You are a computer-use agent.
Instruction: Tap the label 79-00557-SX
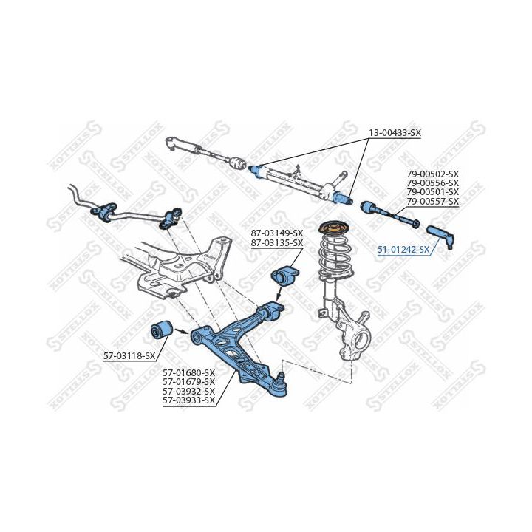click(432, 202)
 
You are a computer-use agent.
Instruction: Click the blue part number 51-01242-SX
click(403, 250)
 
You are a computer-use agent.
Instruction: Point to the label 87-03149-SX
click(277, 233)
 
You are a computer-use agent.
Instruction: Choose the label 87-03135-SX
click(277, 242)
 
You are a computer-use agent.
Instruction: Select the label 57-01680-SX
click(188, 372)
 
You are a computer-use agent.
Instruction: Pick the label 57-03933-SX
click(188, 400)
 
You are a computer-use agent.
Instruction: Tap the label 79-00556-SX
click(432, 183)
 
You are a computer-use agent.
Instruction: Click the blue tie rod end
click(446, 237)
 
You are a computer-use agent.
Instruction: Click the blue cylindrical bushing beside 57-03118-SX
click(161, 332)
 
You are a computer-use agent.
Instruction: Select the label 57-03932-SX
click(188, 391)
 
